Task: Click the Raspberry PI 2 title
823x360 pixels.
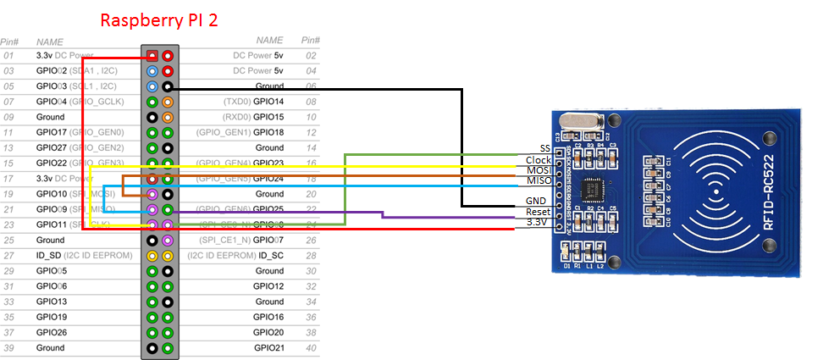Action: [159, 19]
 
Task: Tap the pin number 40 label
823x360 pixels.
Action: [310, 348]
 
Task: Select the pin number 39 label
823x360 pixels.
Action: [8, 348]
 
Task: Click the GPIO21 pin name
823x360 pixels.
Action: [269, 348]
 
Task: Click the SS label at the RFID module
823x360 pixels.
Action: [544, 148]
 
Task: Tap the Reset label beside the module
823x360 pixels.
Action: [538, 212]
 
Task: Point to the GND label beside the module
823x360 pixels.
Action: [537, 201]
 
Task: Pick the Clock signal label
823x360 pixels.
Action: [539, 159]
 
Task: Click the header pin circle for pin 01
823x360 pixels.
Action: [152, 55]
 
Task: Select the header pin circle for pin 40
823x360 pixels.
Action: [168, 348]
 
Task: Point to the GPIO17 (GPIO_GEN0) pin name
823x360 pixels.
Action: [80, 132]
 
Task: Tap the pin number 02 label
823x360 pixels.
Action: [310, 55]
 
